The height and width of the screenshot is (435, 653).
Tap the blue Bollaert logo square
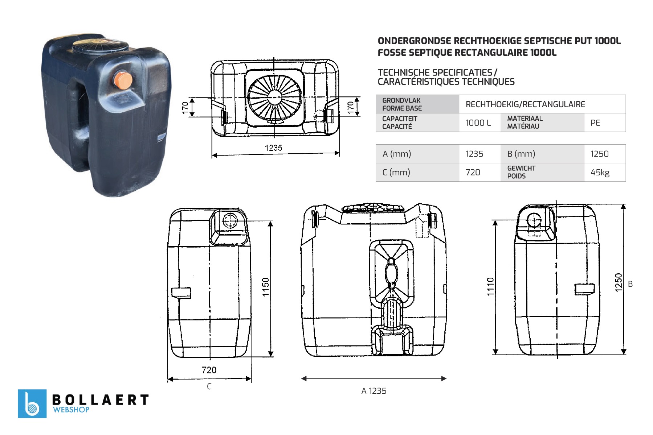(32, 403)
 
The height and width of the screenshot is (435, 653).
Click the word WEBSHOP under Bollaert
(71, 410)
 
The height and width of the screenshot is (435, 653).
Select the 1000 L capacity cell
(480, 123)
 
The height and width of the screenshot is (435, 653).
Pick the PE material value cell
(605, 123)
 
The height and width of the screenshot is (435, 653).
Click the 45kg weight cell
(605, 172)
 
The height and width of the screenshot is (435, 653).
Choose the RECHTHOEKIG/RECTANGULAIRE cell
(542, 104)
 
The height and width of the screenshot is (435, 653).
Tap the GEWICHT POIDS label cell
(542, 172)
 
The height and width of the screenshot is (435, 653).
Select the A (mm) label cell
(417, 154)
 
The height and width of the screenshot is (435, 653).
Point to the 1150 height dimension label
(266, 287)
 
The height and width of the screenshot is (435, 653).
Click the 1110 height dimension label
(490, 287)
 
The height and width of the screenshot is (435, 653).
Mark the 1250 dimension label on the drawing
(619, 282)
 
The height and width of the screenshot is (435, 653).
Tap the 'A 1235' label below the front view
(374, 391)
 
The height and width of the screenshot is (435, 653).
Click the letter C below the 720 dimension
(209, 386)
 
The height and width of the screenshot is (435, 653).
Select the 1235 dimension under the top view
(273, 148)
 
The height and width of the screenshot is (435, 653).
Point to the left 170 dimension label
(185, 108)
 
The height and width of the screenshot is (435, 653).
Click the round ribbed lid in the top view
(274, 97)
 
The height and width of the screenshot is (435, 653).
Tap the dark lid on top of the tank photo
(100, 46)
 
